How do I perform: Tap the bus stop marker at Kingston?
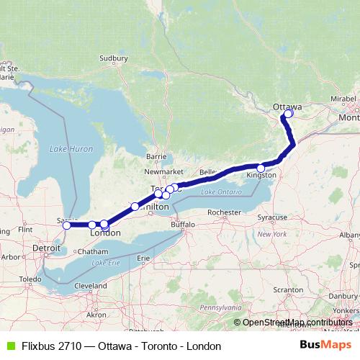pyautogui.click(x=261, y=168)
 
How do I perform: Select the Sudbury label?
pyautogui.click(x=113, y=58)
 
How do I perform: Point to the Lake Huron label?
pyautogui.click(x=71, y=148)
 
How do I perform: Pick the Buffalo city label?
pyautogui.click(x=183, y=225)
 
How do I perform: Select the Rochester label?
pyautogui.click(x=222, y=212)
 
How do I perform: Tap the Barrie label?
pyautogui.click(x=156, y=156)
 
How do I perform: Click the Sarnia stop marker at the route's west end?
pyautogui.click(x=67, y=225)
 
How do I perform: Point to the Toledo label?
pyautogui.click(x=30, y=278)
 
